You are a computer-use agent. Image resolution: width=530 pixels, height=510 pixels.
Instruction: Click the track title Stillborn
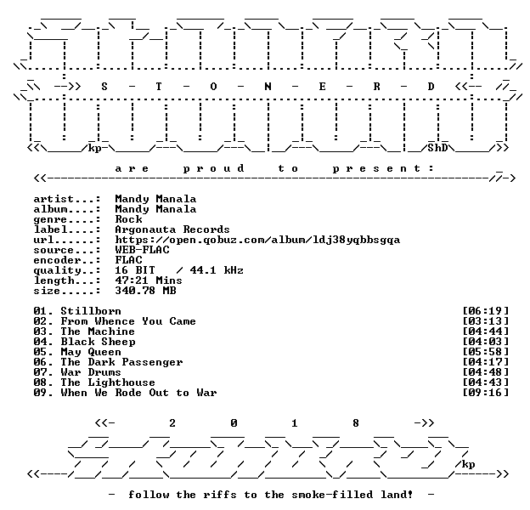point(91,311)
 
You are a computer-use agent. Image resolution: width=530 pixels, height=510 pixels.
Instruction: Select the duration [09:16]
point(485,393)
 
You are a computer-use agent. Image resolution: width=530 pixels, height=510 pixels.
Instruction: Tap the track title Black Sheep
point(98,342)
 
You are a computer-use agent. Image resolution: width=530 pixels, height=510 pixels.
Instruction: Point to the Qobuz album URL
point(257,240)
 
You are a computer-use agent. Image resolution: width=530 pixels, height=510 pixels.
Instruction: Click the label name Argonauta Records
point(172,229)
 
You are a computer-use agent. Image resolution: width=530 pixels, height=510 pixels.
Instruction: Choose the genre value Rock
point(128,219)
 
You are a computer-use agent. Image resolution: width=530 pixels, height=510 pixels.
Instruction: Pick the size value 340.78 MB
point(145,291)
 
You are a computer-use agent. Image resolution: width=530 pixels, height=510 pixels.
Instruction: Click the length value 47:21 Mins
point(149,280)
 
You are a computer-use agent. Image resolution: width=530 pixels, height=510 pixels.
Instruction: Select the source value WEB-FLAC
point(142,250)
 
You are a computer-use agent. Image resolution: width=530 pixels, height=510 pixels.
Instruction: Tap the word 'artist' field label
point(54,199)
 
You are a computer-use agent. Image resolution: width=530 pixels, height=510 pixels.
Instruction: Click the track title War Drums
point(91,372)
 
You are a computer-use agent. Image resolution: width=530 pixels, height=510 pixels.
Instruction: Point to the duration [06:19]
point(485,311)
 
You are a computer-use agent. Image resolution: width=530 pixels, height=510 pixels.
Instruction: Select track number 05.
point(40,352)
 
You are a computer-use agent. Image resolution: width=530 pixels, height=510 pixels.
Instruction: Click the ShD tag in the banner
point(437,148)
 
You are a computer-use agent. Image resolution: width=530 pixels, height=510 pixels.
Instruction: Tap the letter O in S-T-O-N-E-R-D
point(213,87)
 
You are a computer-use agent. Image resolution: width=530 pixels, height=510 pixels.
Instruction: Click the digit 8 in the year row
point(356,422)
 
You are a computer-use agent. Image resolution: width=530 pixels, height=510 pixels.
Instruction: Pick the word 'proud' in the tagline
point(213,168)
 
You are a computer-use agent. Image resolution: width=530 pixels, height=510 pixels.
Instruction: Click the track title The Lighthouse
point(108,382)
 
